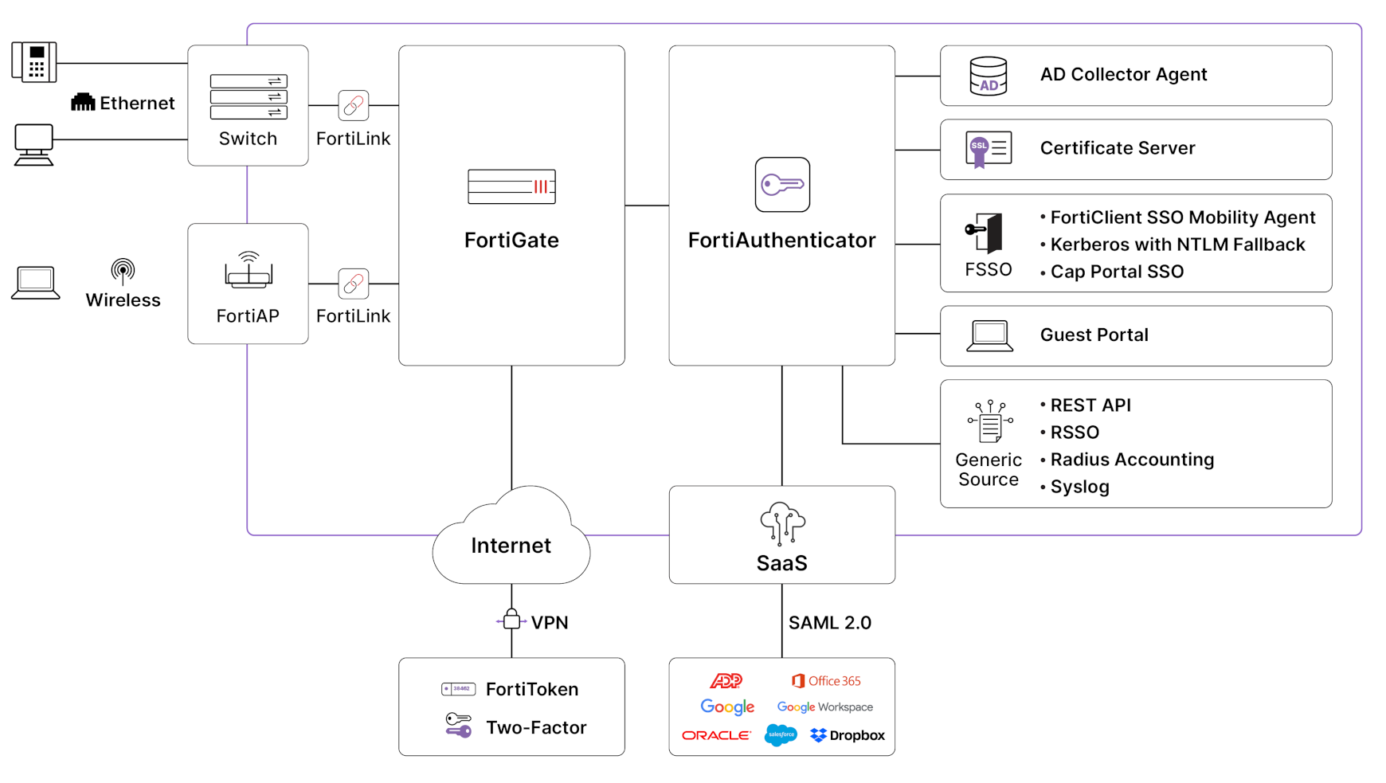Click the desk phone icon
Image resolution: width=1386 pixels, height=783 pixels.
(x=34, y=62)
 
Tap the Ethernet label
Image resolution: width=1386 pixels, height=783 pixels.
(x=136, y=103)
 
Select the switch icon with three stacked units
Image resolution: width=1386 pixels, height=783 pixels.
(x=249, y=96)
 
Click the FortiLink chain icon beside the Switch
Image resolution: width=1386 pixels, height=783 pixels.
(x=353, y=105)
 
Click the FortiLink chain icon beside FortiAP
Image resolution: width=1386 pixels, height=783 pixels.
(x=353, y=284)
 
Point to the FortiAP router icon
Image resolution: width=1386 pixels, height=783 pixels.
(x=249, y=270)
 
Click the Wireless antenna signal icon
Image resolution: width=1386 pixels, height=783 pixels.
(x=123, y=271)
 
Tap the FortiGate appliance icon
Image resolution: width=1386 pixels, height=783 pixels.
(x=511, y=186)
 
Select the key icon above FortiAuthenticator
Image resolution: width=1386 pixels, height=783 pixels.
(x=782, y=185)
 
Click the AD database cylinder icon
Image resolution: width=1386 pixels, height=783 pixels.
(x=988, y=76)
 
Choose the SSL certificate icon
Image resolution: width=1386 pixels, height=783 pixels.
(x=988, y=149)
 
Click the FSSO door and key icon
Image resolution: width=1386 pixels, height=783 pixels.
(x=986, y=233)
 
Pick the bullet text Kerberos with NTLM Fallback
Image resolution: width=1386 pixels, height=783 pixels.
(x=1177, y=245)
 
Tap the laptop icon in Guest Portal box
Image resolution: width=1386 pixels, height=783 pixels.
(x=989, y=335)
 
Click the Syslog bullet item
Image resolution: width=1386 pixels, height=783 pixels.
(x=1079, y=487)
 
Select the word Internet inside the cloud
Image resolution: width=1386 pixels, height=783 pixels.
(x=511, y=546)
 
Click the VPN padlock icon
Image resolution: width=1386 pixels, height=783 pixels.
(x=511, y=620)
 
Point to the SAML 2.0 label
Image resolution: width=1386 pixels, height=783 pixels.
(x=829, y=623)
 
